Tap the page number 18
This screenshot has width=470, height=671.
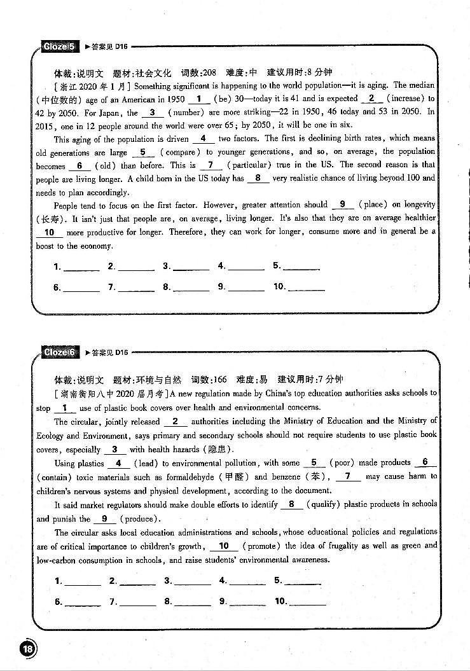point(29,649)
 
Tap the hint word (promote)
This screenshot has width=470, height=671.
point(261,546)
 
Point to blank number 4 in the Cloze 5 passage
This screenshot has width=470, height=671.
point(203,139)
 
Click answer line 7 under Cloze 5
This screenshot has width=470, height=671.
point(136,288)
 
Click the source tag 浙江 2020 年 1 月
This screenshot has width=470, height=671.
point(93,86)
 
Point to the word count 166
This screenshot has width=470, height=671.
point(219,380)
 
